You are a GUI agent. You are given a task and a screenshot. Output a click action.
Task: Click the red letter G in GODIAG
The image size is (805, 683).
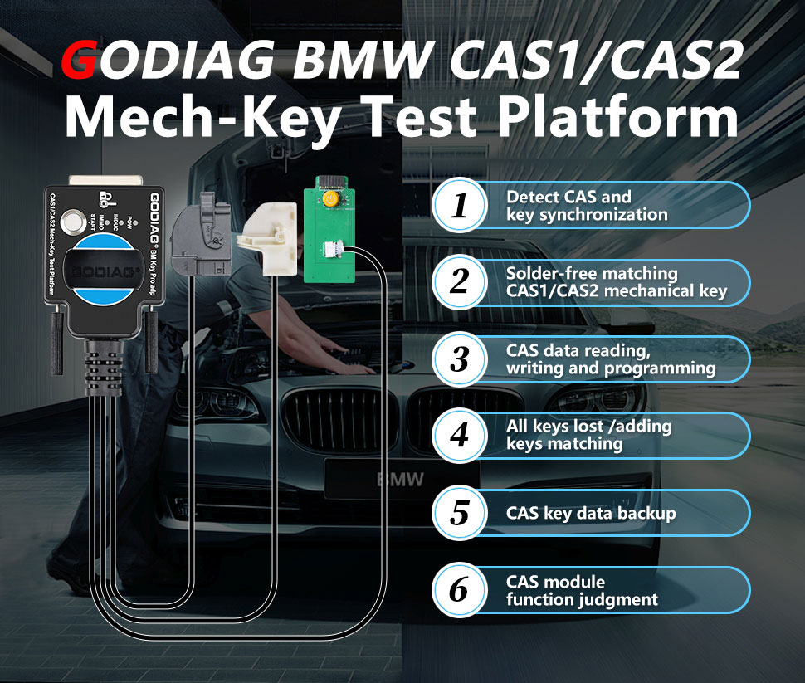(x=81, y=65)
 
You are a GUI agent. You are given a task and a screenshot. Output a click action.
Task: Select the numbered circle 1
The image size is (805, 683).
(x=459, y=206)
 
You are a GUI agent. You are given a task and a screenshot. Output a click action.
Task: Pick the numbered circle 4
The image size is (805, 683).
(x=459, y=436)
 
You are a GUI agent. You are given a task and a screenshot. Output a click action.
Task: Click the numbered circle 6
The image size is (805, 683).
(x=459, y=590)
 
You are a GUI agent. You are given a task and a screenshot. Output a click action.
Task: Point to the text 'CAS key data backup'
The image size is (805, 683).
(x=591, y=513)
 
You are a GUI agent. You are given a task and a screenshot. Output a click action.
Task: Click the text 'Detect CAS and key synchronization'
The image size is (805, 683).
(x=587, y=206)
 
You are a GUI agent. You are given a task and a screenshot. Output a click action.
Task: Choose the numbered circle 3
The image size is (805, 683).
(x=459, y=359)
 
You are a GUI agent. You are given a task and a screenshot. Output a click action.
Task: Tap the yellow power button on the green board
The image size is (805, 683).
(x=331, y=200)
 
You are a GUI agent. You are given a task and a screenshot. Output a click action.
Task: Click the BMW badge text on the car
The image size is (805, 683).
(x=401, y=480)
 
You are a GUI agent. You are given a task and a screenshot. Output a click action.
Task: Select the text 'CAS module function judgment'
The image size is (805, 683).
(x=582, y=590)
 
